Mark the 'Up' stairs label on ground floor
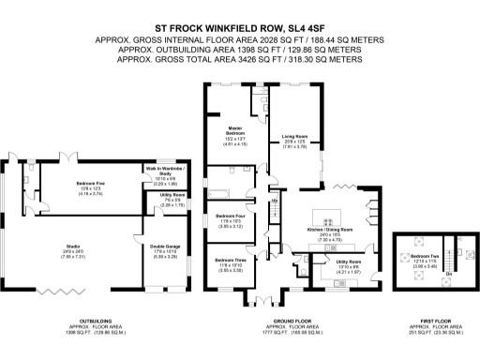275,200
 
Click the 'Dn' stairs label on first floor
448,274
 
